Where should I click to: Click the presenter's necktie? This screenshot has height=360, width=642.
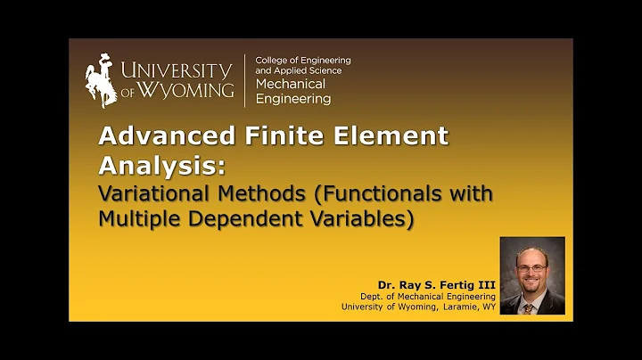click(531, 306)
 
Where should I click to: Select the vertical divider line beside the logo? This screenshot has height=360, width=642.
click(245, 79)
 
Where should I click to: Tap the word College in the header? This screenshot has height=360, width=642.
click(273, 61)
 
